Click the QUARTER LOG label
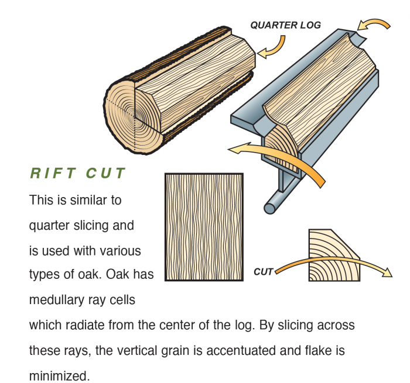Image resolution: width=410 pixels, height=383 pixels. click(286, 25)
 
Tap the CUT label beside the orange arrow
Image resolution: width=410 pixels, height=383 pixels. click(263, 272)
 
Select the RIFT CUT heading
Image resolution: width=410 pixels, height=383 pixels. click(78, 174)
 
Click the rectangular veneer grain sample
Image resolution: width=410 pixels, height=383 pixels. click(204, 227)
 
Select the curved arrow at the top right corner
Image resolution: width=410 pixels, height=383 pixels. click(375, 25)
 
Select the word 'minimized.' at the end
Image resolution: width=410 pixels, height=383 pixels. click(59, 375)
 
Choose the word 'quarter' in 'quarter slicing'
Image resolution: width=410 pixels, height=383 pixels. click(49, 225)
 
